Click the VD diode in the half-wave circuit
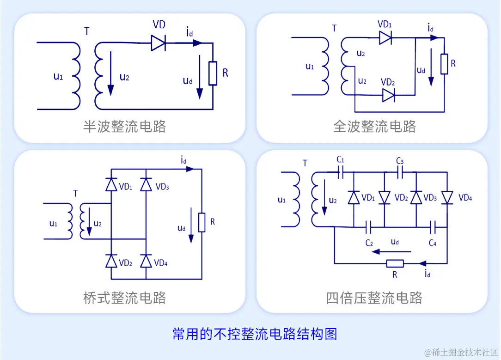pos(158,43)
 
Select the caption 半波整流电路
pos(124,126)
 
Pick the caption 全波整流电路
pos(374,126)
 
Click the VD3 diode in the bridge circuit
pos(146,185)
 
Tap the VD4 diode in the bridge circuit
pos(146,261)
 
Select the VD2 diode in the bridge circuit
pos(111,261)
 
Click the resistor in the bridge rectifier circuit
pos(202,222)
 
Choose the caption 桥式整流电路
pos(124,297)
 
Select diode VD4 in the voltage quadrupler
pos(447,198)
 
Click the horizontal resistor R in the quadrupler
pos(395,263)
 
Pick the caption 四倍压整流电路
pos(374,297)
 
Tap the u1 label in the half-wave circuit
pos(58,76)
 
